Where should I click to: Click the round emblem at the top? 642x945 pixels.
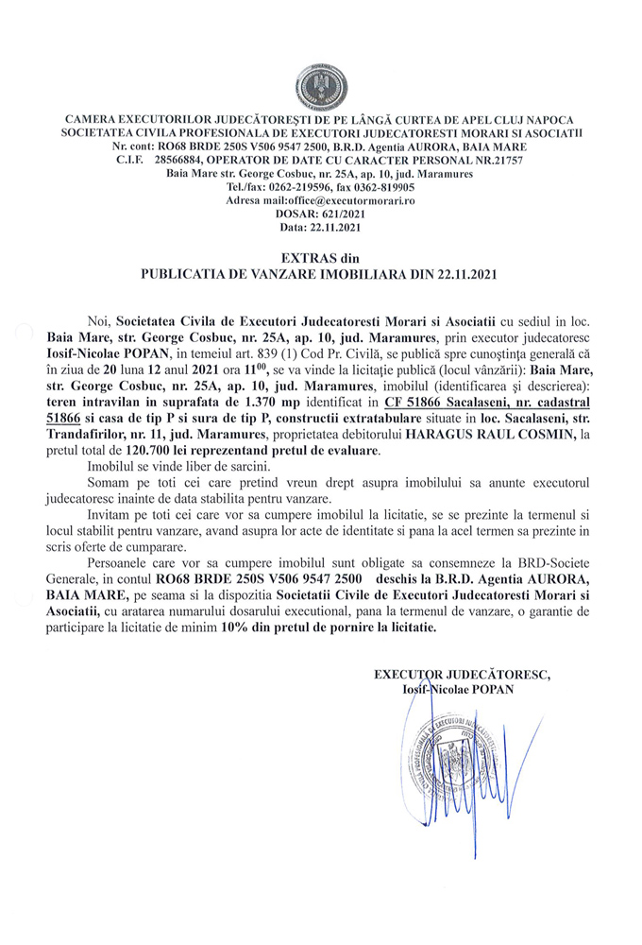tap(319, 86)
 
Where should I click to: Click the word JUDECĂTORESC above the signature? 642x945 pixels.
tap(501, 675)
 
